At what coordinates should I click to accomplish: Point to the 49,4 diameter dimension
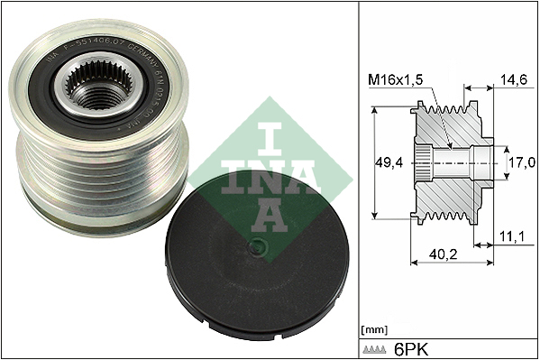[388, 163]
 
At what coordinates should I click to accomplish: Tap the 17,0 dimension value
[521, 162]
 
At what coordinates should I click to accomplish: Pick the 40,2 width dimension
[439, 256]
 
